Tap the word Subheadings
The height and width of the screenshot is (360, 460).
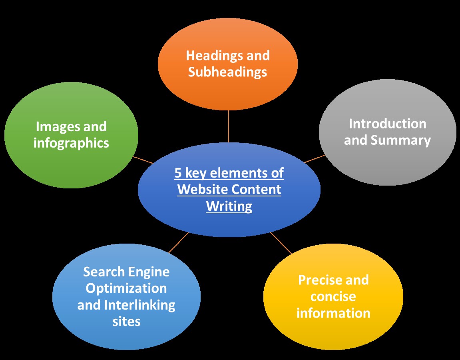227,72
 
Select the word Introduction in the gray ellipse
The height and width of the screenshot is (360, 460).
387,124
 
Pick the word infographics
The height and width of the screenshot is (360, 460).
71,143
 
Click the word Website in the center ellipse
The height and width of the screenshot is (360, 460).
202,189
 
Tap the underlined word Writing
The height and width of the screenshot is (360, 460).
229,206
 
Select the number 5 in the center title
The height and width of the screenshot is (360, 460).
178,173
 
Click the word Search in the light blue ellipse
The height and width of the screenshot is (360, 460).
104,272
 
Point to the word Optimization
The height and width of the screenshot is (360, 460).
126,288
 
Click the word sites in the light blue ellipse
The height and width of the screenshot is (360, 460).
126,321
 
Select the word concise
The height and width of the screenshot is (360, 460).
333,297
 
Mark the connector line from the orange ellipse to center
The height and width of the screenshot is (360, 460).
229,126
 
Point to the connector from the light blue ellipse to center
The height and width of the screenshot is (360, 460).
179,243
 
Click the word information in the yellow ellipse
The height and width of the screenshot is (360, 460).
333,313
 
